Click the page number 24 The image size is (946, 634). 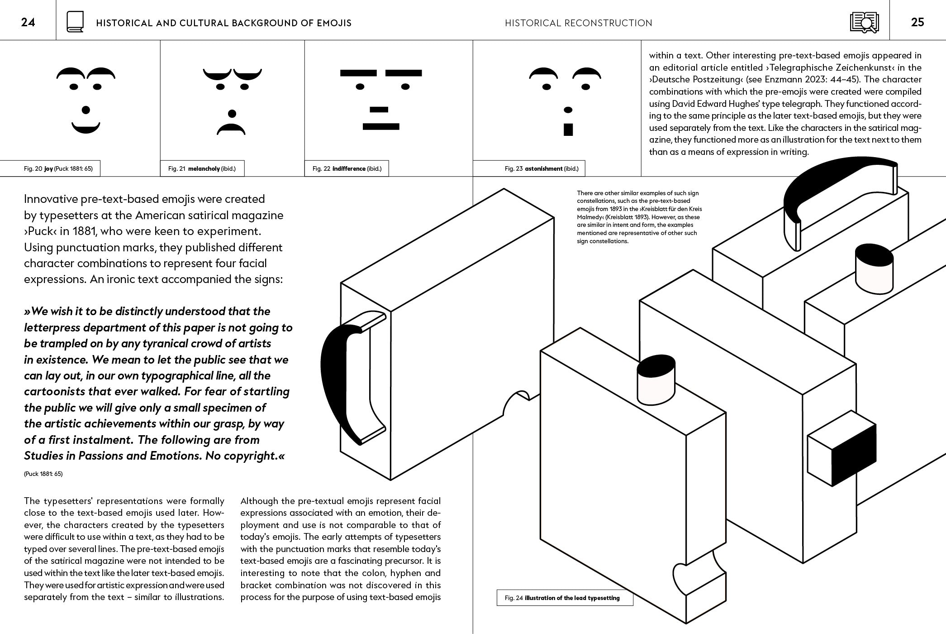click(x=28, y=22)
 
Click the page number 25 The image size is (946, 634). click(x=917, y=22)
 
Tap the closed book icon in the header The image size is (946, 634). click(x=75, y=22)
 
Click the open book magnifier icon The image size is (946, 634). click(x=864, y=22)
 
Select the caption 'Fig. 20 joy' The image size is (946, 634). click(x=58, y=168)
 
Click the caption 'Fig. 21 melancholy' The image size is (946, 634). click(x=202, y=168)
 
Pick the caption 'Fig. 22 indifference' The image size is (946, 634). click(x=347, y=168)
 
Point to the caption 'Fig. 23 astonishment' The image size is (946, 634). click(x=542, y=168)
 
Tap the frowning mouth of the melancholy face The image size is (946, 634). click(x=231, y=130)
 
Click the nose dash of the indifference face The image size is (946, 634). click(x=379, y=110)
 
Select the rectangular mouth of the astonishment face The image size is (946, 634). click(x=568, y=130)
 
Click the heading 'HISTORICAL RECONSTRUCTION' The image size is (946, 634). click(x=578, y=23)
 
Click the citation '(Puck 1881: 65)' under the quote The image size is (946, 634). click(x=43, y=474)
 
